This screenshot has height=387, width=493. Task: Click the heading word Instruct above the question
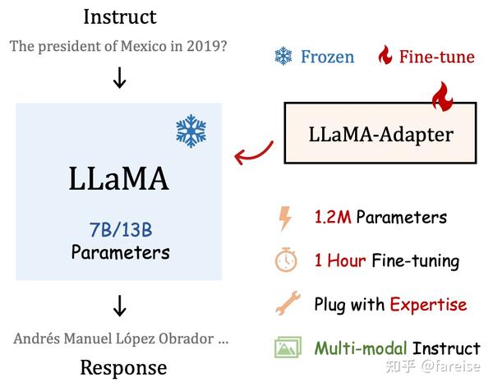pyautogui.click(x=120, y=17)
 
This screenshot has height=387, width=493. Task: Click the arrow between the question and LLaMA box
pyautogui.click(x=119, y=77)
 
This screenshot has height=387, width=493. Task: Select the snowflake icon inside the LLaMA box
pyautogui.click(x=191, y=131)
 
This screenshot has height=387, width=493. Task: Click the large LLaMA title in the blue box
pyautogui.click(x=119, y=178)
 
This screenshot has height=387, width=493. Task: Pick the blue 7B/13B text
pyautogui.click(x=121, y=230)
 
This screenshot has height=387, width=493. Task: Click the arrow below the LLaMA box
pyautogui.click(x=119, y=306)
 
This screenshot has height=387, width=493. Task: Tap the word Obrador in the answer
pyautogui.click(x=187, y=339)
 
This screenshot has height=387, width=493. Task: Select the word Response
pyautogui.click(x=123, y=368)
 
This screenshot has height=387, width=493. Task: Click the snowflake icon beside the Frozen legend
pyautogui.click(x=283, y=56)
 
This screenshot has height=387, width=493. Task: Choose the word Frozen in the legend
pyautogui.click(x=327, y=57)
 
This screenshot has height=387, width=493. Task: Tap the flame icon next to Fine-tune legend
pyautogui.click(x=385, y=55)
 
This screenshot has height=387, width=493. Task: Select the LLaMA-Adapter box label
pyautogui.click(x=381, y=135)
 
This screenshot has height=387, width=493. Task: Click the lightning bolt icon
pyautogui.click(x=285, y=218)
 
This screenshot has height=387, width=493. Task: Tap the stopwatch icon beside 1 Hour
pyautogui.click(x=286, y=260)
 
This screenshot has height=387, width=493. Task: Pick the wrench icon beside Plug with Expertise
pyautogui.click(x=288, y=303)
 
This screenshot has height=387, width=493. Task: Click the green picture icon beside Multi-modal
pyautogui.click(x=288, y=347)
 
